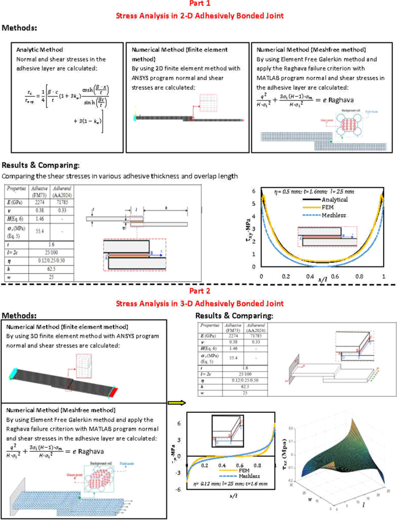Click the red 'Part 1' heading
tap(198, 5)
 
